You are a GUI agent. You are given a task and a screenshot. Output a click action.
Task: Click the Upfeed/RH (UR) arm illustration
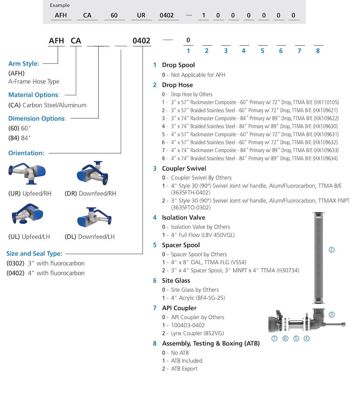point(26,175)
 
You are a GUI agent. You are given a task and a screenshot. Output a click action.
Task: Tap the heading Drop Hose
point(177,85)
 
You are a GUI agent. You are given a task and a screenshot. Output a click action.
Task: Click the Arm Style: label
point(23,64)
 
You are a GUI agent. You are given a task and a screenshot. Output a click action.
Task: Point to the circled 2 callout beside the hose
point(332,249)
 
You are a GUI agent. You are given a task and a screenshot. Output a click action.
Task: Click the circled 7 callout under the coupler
point(274,338)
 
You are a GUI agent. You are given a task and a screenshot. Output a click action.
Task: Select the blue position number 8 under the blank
point(318,51)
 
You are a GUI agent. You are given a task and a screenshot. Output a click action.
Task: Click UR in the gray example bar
point(141,15)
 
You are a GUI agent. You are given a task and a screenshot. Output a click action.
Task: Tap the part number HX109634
point(326,158)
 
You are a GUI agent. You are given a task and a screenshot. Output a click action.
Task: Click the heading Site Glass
point(176,281)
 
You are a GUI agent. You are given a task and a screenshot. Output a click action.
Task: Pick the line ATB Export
point(184,369)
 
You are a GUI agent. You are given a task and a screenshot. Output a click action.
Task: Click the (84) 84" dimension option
point(20,138)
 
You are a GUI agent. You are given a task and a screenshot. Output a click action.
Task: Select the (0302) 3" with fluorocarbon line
point(46,263)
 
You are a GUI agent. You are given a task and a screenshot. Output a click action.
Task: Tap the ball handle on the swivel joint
point(343,325)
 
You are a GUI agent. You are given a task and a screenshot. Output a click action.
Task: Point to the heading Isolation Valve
point(183,218)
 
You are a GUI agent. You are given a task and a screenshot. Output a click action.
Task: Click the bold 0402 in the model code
point(141,41)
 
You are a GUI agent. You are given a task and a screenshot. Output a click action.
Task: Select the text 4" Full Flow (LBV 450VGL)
point(203,235)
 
